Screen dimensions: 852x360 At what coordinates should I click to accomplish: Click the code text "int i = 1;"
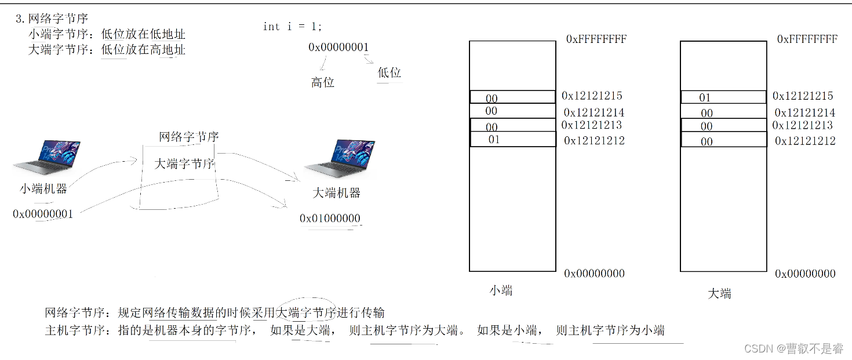(x=292, y=27)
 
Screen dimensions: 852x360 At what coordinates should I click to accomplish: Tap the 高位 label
(x=323, y=82)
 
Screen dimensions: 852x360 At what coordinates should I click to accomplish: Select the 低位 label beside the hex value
(x=389, y=72)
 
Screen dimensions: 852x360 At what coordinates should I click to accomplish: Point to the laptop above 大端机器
(x=340, y=159)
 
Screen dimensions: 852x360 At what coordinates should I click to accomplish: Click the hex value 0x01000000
(x=330, y=219)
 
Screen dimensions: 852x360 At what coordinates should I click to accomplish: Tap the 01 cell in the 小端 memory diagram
(x=494, y=139)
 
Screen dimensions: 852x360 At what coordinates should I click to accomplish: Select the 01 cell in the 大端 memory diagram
(x=705, y=97)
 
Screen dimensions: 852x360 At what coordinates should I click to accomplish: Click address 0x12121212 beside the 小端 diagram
(x=594, y=140)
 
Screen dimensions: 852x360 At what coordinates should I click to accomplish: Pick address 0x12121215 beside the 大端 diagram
(x=803, y=96)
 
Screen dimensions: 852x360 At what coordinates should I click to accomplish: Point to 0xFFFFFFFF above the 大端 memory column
(x=807, y=39)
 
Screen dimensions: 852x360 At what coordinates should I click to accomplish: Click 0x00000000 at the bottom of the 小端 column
(x=594, y=274)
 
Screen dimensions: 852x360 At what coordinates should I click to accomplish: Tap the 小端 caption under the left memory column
(x=501, y=290)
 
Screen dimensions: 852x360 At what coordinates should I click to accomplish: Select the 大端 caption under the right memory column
(x=719, y=293)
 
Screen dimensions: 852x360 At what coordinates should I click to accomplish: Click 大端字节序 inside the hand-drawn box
(x=184, y=164)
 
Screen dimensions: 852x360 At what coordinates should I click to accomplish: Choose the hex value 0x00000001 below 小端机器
(x=43, y=214)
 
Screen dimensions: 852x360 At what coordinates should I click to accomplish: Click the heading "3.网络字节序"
(x=52, y=19)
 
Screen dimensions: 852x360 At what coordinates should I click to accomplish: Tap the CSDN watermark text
(x=793, y=348)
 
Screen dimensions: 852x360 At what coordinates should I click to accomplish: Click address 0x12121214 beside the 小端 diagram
(x=594, y=112)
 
